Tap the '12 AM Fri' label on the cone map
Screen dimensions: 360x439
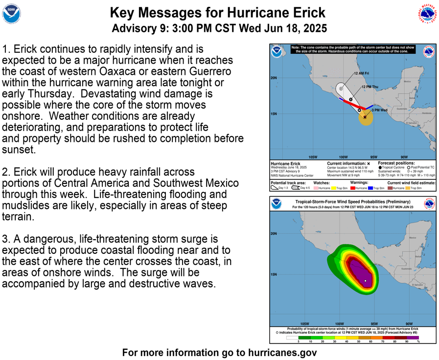coord(361,73)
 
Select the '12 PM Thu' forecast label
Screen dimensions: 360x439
coord(370,87)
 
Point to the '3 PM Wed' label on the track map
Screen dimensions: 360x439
coord(379,111)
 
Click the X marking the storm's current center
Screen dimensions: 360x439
coord(365,117)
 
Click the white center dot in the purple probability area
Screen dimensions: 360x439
coord(366,281)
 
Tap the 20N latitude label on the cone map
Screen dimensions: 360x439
coord(274,78)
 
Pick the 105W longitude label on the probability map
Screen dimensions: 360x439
coord(304,324)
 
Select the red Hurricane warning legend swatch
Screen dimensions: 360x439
coord(352,188)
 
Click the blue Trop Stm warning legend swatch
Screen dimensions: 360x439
coord(370,188)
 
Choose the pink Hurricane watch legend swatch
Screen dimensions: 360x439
coord(316,188)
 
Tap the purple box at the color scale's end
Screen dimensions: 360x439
coord(413,337)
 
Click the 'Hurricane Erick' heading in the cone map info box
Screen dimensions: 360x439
coord(285,163)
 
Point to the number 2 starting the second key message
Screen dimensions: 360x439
coord(5,172)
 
